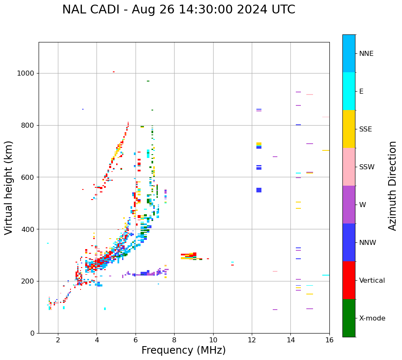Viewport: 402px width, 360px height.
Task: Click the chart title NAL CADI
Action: tap(178, 10)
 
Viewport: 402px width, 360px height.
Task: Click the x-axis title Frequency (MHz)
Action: tap(183, 350)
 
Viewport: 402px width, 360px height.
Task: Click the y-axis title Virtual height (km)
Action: tap(9, 187)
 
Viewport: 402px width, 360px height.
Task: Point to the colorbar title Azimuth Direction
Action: tap(392, 186)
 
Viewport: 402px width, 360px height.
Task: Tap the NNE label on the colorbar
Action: tap(366, 54)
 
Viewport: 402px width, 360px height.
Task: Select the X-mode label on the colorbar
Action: tap(372, 318)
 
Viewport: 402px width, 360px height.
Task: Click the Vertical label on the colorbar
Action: tap(372, 281)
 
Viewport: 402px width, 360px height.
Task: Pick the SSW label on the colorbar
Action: tap(367, 167)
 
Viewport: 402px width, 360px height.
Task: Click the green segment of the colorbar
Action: tap(349, 318)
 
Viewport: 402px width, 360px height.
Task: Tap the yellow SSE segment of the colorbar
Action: tap(349, 129)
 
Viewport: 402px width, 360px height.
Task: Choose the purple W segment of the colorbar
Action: tap(349, 205)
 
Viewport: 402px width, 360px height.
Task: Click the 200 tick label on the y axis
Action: tap(28, 281)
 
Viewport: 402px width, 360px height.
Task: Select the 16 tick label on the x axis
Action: tap(329, 340)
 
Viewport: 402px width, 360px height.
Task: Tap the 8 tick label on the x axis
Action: tap(174, 340)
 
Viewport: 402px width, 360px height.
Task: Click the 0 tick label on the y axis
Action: tap(32, 333)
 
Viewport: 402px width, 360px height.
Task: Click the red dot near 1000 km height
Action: tap(113, 72)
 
